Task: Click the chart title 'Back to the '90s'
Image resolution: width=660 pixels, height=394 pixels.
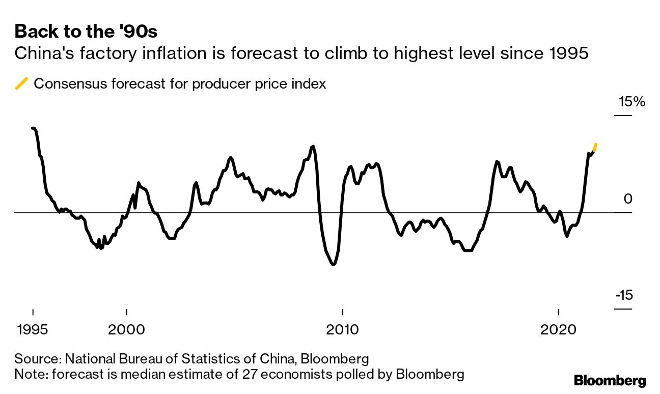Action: coord(86,32)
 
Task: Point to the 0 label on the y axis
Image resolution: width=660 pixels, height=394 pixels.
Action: coord(627,199)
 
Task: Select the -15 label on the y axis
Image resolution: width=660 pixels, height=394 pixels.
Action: coord(623,295)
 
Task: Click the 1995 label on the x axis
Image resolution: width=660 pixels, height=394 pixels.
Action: coord(33,329)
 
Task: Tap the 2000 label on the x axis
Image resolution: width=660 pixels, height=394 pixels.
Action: coord(126,329)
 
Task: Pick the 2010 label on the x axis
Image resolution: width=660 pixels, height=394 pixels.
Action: coord(343,329)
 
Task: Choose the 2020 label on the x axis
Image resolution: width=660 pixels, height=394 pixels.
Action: coord(559,329)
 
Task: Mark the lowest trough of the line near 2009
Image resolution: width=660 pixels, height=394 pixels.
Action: coord(334,264)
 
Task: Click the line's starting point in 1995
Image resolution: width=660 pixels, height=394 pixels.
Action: coord(33,128)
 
